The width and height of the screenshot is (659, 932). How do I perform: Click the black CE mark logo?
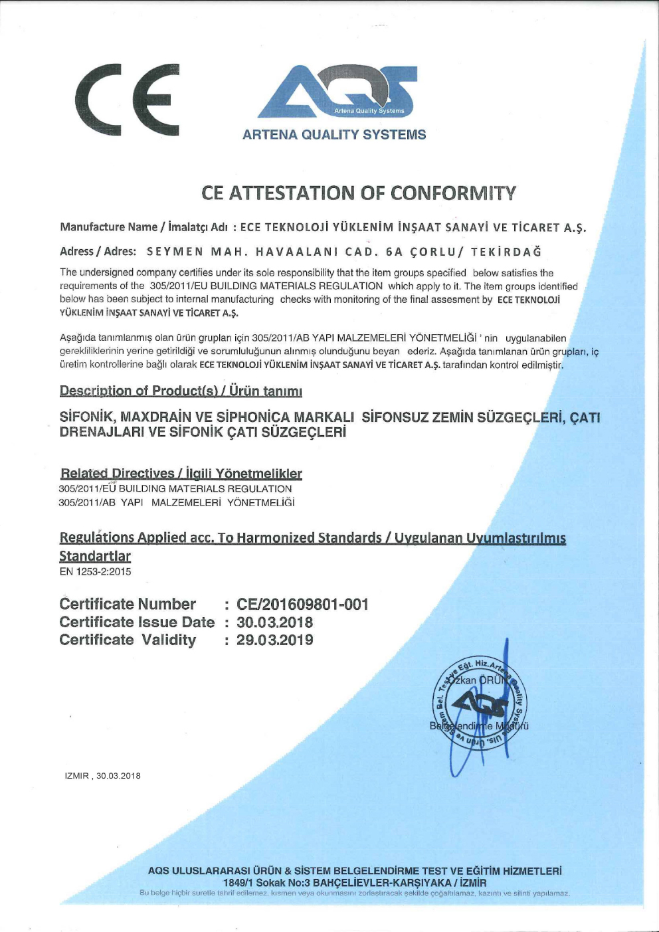pyautogui.click(x=128, y=99)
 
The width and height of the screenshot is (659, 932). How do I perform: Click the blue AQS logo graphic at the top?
pyautogui.click(x=337, y=92)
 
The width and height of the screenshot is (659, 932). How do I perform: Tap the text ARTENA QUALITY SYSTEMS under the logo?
pyautogui.click(x=334, y=135)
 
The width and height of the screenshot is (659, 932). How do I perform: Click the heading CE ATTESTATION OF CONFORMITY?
pyautogui.click(x=359, y=193)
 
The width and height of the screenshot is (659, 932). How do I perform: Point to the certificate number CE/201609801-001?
pyautogui.click(x=302, y=605)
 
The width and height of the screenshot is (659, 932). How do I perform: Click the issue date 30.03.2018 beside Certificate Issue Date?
pyautogui.click(x=274, y=622)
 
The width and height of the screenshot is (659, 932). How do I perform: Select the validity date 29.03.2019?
pyautogui.click(x=274, y=640)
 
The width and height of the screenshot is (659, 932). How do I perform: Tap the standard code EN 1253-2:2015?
pyautogui.click(x=95, y=572)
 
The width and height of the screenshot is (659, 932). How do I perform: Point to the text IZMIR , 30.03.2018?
pyautogui.click(x=102, y=776)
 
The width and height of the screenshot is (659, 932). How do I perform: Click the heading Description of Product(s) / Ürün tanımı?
pyautogui.click(x=181, y=391)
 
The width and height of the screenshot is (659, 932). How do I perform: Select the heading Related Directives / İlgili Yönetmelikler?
pyautogui.click(x=181, y=474)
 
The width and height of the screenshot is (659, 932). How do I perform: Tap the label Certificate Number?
pyautogui.click(x=128, y=605)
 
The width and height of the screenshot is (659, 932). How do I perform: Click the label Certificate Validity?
pyautogui.click(x=128, y=640)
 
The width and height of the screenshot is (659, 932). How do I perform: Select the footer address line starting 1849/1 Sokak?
pyautogui.click(x=354, y=883)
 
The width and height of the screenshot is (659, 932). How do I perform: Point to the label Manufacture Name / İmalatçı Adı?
pyautogui.click(x=143, y=227)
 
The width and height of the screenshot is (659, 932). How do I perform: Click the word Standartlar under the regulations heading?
pyautogui.click(x=95, y=557)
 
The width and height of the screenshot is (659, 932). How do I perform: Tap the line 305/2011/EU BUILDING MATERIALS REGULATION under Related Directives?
pyautogui.click(x=175, y=489)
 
